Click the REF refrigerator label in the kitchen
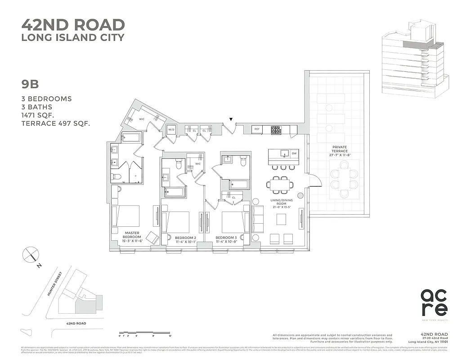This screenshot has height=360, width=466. coord(257,129)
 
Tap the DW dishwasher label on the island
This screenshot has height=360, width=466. coord(293,154)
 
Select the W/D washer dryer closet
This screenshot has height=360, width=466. coord(171,130)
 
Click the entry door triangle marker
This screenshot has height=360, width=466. coord(231,120)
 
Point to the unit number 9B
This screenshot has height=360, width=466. coord(31,84)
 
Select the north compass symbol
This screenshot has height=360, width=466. coord(31,255)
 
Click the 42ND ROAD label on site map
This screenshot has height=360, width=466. coord(76,323)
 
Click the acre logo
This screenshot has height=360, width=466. coord(434,303)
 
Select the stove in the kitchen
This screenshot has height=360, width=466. coord(275,130)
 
